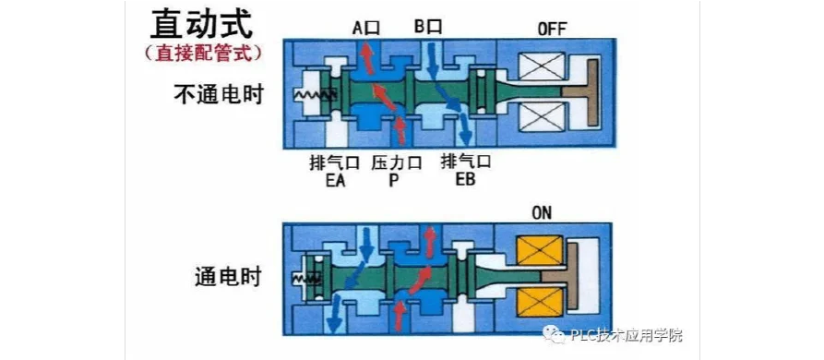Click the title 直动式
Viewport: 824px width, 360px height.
pos(201,24)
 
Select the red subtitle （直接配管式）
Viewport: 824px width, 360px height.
pos(202,54)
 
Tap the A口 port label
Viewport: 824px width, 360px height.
pos(365,28)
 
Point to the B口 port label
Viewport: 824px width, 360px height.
pos(427,27)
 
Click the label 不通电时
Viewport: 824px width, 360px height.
pos(218,95)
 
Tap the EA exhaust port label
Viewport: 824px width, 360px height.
pos(334,180)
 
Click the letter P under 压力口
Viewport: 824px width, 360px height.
pos(394,180)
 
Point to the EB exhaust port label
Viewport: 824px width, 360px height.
pos(465,180)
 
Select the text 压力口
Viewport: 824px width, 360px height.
pos(396,162)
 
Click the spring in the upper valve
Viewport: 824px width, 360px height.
pos(315,95)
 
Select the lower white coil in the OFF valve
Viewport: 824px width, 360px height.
pos(542,116)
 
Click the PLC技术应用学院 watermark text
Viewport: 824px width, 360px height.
pos(627,335)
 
